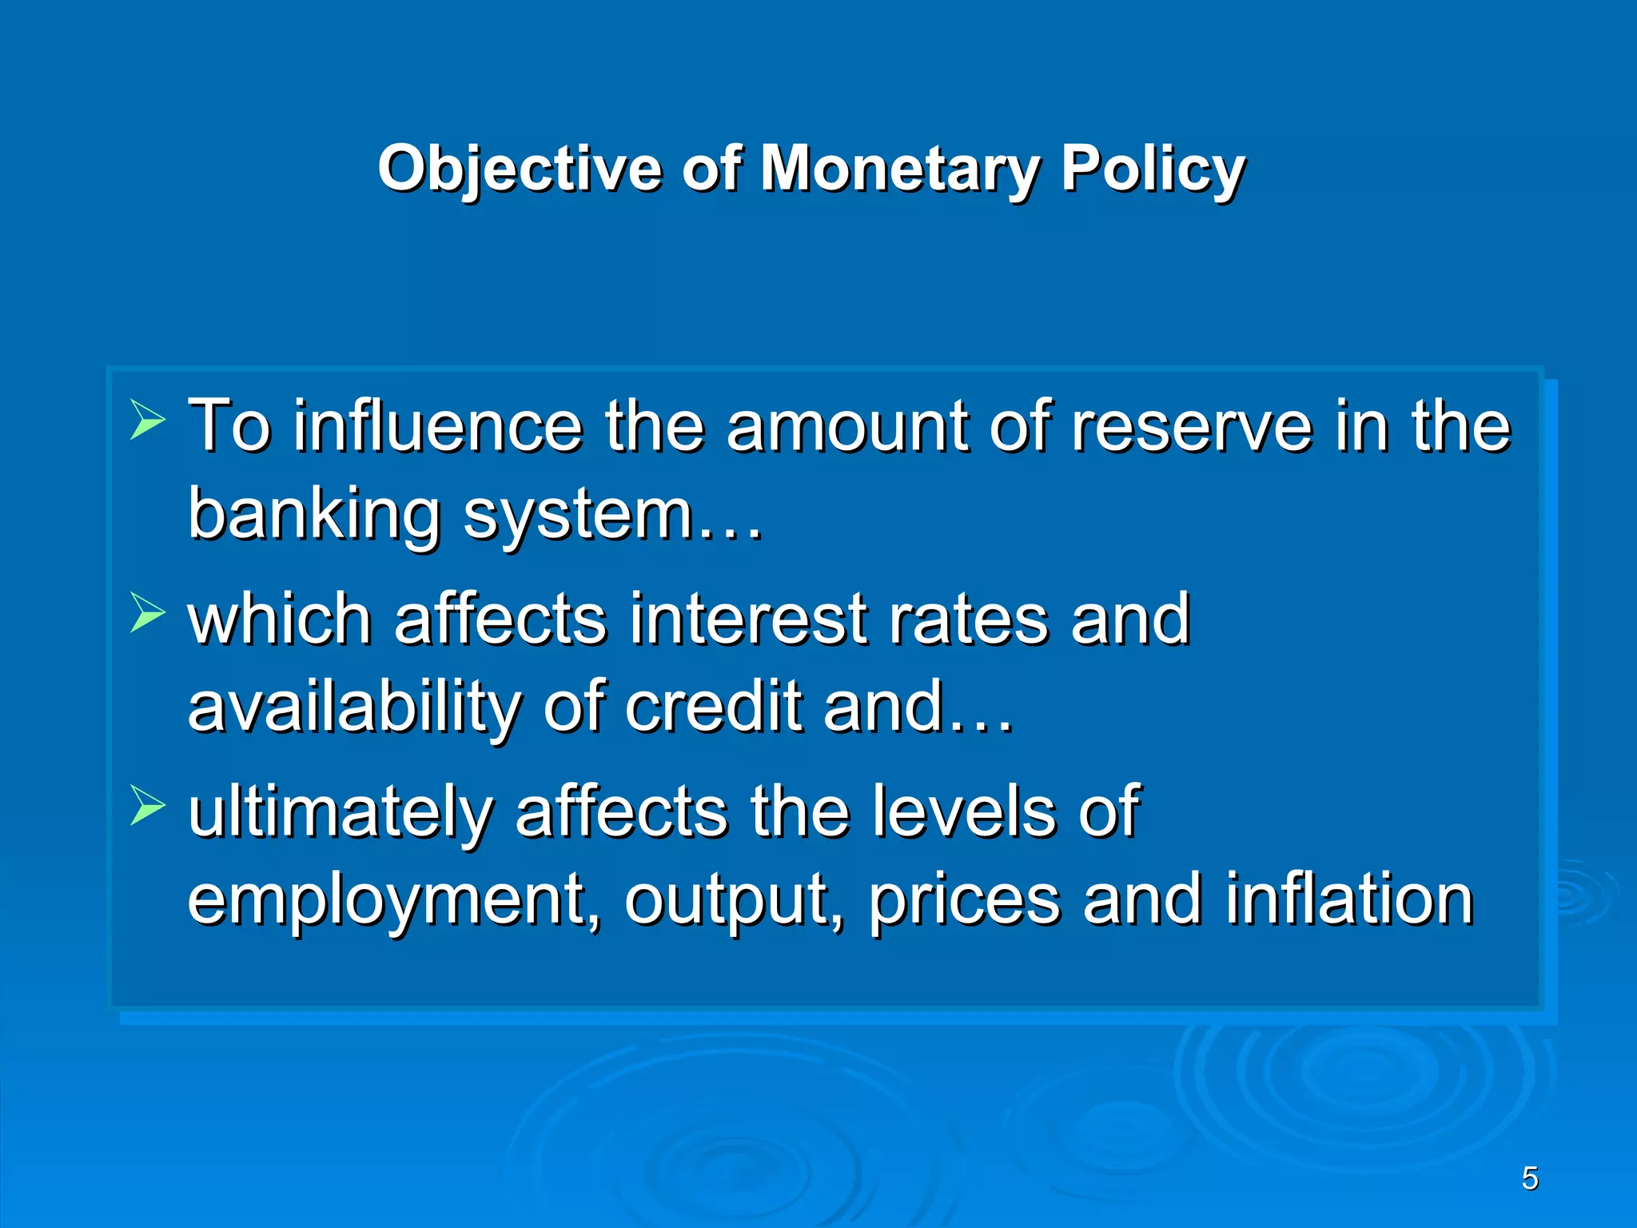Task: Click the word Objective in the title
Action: [x=520, y=169]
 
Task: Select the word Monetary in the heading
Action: [x=899, y=169]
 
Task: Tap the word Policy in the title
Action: [x=1153, y=169]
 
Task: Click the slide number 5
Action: [x=1529, y=1178]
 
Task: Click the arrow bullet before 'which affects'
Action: [x=147, y=614]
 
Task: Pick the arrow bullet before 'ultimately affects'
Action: [x=147, y=807]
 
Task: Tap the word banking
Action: [x=313, y=514]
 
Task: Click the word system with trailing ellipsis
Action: [x=611, y=514]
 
